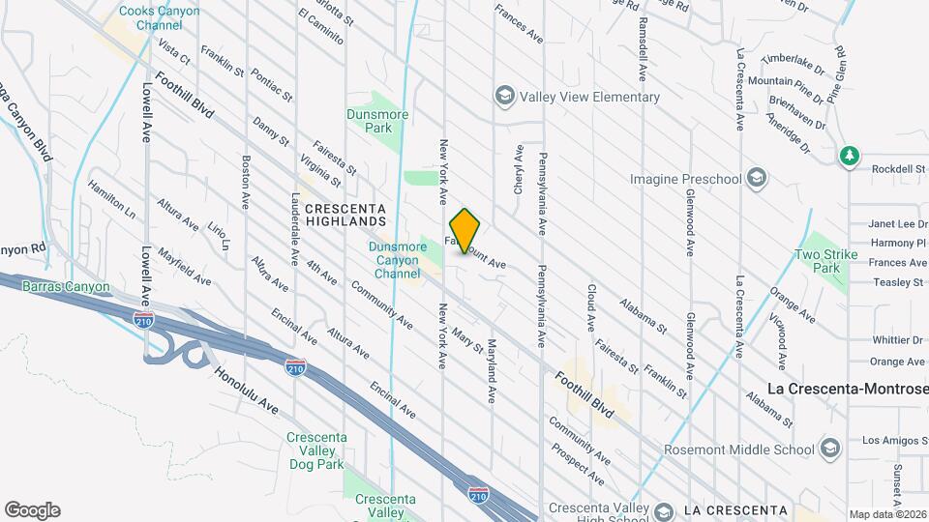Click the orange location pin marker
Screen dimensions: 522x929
coord(465,230)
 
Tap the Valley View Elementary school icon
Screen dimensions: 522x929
coord(504,96)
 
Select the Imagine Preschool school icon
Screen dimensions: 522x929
coord(758,179)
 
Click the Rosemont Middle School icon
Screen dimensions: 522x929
coord(829,449)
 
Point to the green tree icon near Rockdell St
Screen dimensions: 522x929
coord(850,156)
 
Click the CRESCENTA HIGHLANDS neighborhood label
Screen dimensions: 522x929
coord(345,215)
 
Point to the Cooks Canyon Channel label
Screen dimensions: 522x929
coord(159,18)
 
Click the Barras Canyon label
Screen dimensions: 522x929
coord(67,287)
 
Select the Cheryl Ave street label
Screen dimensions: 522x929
coord(519,169)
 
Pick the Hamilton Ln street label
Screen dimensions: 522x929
coord(111,197)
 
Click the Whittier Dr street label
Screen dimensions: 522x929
coord(897,340)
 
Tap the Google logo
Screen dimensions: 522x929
coord(32,510)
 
